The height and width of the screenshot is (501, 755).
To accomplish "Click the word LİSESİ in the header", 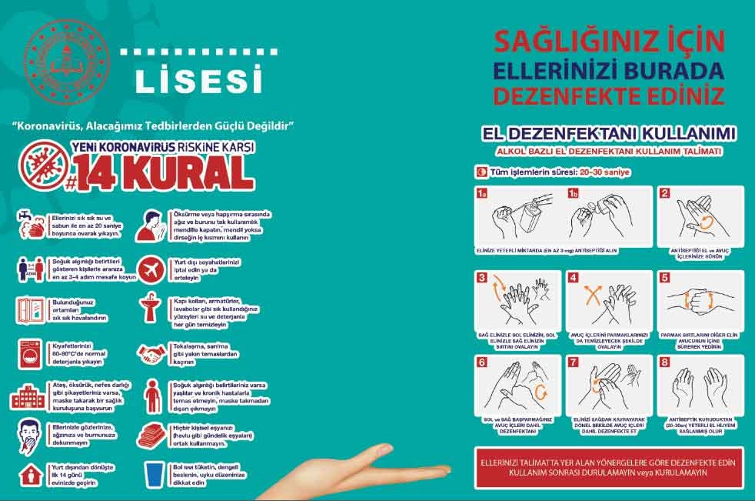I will tap(198, 79).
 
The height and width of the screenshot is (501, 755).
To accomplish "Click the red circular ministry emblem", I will tap(67, 63).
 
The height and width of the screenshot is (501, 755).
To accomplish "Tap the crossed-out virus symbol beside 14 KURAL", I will tap(42, 162).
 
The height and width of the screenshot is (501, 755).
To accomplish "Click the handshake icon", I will tap(151, 353).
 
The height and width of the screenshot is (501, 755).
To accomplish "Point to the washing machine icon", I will tap(31, 353).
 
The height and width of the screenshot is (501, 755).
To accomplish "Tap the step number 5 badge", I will tap(664, 278).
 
